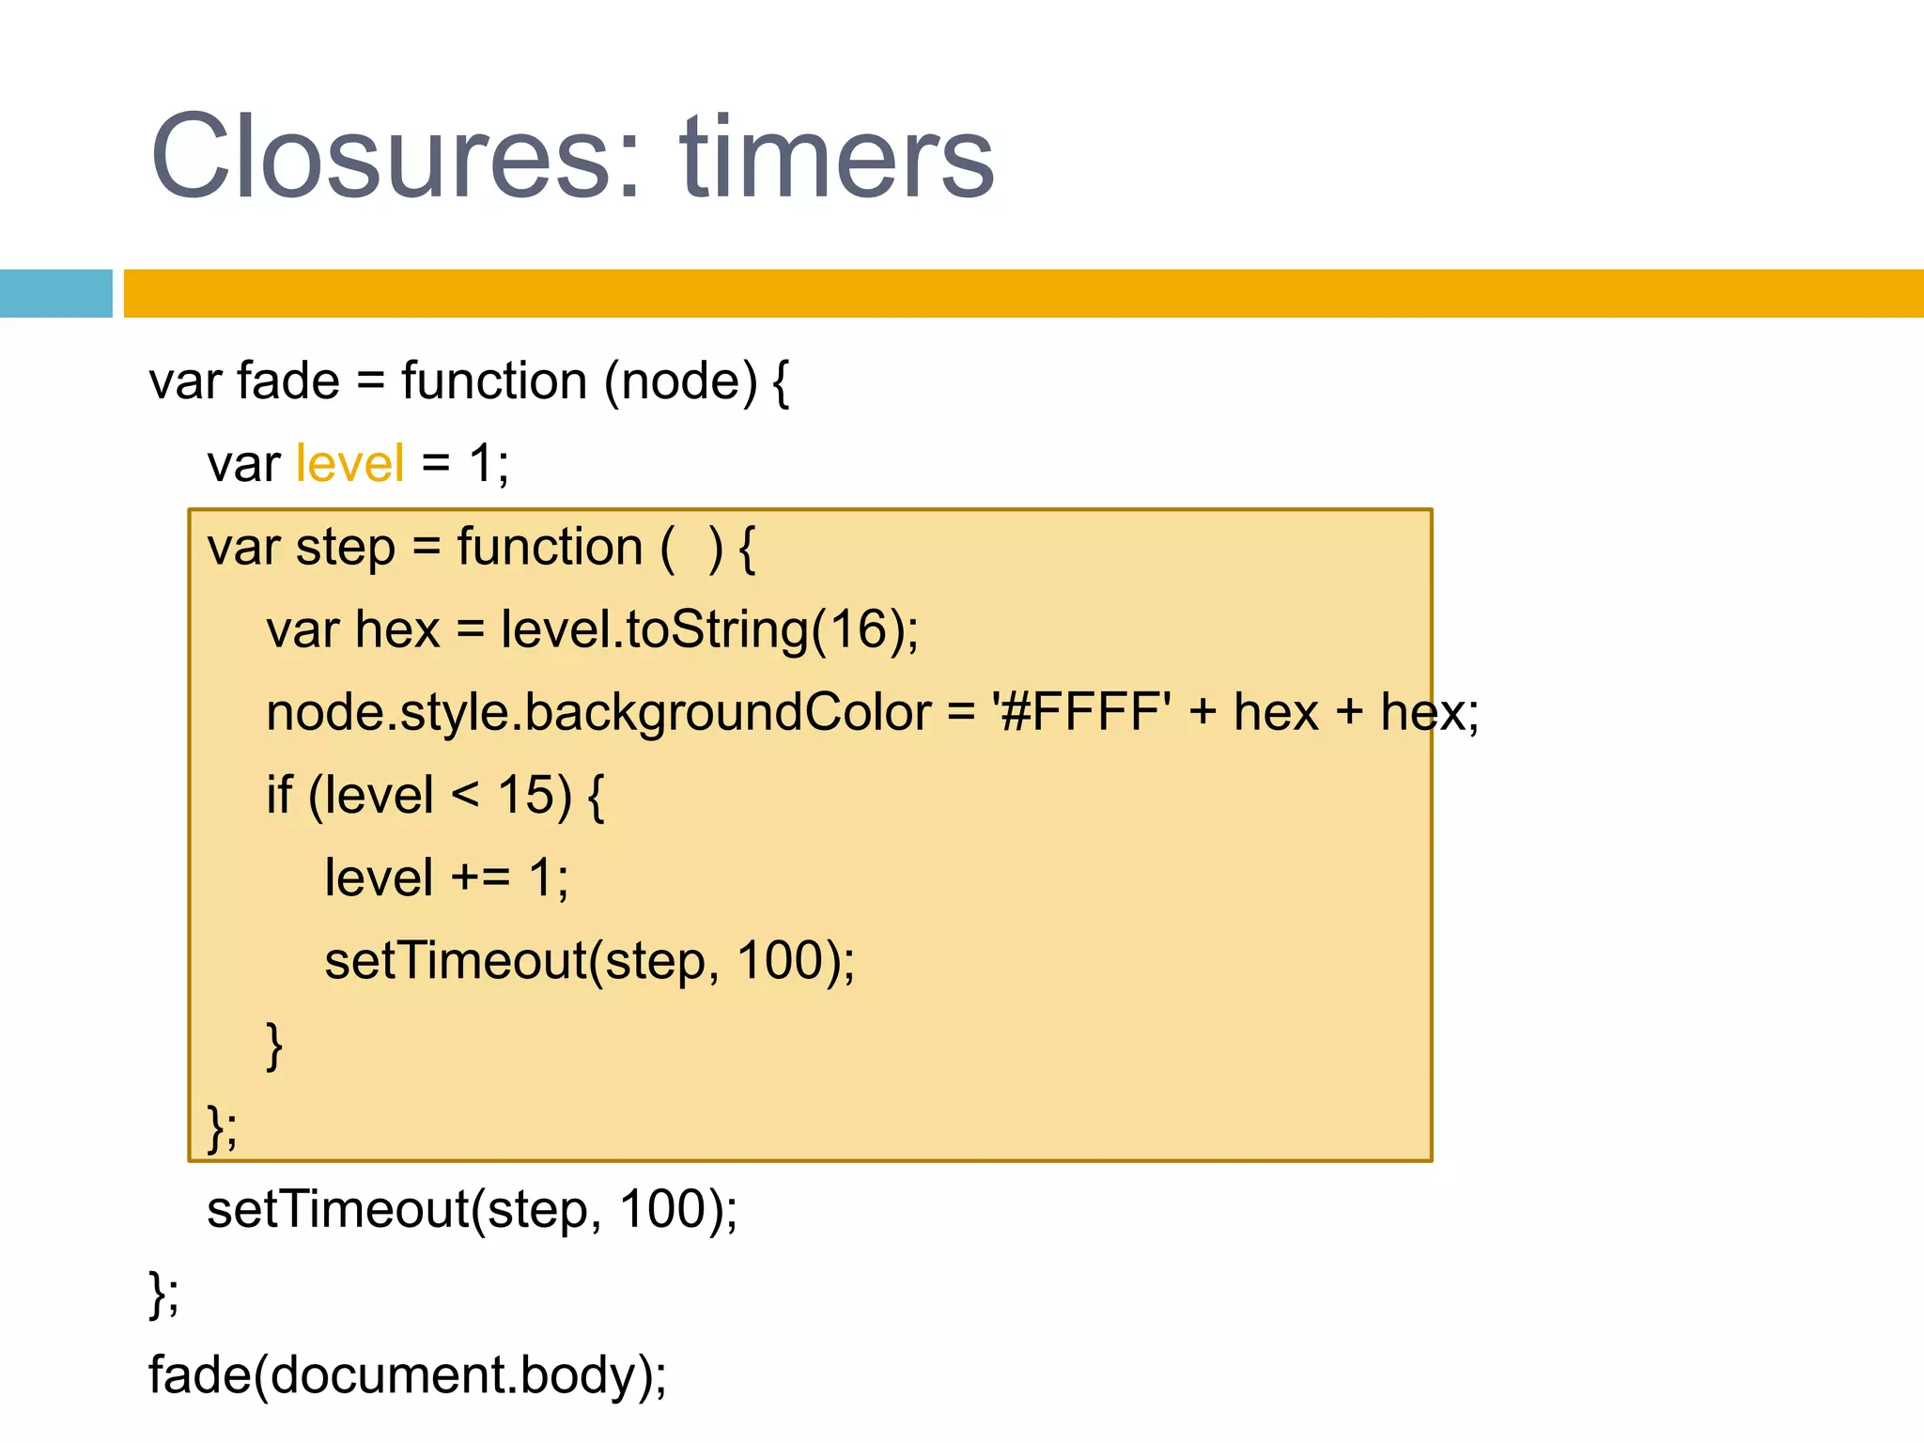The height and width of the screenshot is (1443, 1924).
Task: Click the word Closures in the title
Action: (381, 157)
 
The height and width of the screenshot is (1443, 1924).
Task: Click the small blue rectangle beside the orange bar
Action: (55, 293)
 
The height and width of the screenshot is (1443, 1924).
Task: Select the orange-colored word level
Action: (349, 463)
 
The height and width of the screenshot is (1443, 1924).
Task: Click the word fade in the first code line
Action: (288, 381)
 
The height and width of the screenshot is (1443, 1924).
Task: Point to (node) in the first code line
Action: (680, 381)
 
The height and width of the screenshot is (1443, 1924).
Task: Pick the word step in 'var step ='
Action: (345, 547)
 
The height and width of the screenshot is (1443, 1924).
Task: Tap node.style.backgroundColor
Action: (598, 712)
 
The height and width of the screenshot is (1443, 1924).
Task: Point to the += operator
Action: (480, 877)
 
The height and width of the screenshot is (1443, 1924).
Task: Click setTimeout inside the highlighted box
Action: (456, 960)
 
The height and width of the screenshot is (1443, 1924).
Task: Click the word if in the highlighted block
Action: (279, 795)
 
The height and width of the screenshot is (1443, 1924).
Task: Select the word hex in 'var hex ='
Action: (397, 629)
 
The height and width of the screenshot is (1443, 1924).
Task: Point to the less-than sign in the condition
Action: (465, 795)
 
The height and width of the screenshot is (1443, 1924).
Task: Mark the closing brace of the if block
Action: (274, 1045)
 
